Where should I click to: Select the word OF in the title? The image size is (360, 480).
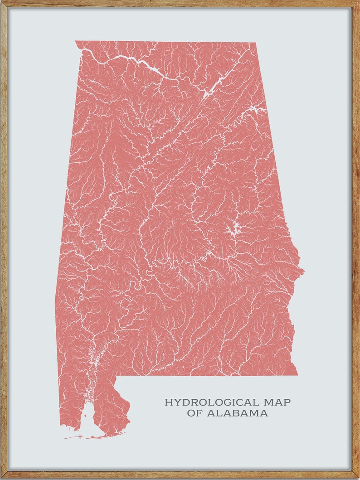tap(195, 413)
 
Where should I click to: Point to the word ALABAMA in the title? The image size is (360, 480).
tap(238, 413)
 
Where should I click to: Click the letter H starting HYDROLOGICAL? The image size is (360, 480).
tap(168, 402)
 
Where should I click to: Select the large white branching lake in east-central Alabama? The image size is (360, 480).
tap(233, 231)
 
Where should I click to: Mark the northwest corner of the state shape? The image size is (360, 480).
tap(76, 41)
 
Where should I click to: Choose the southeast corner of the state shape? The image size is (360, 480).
tap(297, 375)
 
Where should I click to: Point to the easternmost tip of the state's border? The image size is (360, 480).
tap(304, 272)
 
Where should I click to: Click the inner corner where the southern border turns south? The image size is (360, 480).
tap(117, 376)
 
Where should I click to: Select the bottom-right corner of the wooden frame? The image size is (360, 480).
tap(358, 478)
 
